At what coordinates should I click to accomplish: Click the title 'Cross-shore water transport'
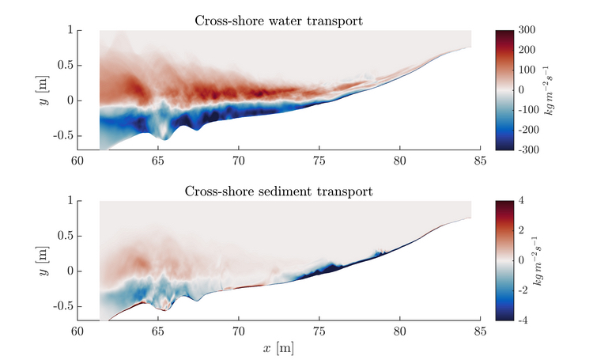pyautogui.click(x=278, y=21)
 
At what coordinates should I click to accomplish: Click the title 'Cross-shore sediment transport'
pyautogui.click(x=278, y=191)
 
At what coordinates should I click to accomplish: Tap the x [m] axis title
pyautogui.click(x=278, y=347)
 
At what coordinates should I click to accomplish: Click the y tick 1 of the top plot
pyautogui.click(x=70, y=30)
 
